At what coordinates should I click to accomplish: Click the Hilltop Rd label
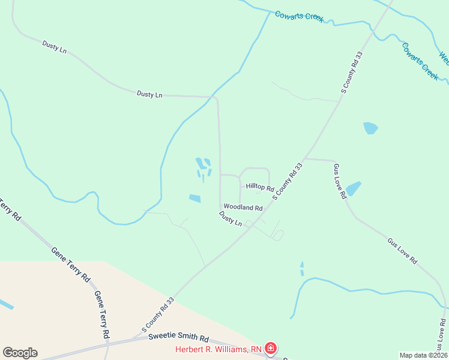point(260,187)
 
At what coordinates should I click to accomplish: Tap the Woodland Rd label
point(243,208)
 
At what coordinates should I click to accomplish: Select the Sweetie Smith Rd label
point(178,338)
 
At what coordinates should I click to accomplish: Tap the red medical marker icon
point(271,348)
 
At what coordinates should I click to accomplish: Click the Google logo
point(20,353)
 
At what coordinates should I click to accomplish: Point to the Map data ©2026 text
point(423,355)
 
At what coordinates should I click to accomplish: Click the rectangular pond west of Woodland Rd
point(195,199)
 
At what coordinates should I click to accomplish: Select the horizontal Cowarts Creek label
point(300,16)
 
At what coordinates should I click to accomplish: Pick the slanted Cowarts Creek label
point(420,61)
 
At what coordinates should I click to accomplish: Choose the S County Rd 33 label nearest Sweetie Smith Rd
point(158,314)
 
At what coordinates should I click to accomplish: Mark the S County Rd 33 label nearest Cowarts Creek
point(353,72)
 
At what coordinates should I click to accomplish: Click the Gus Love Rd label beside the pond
point(340,181)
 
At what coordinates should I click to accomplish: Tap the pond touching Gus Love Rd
point(353,188)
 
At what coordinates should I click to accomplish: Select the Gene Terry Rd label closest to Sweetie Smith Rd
point(101,314)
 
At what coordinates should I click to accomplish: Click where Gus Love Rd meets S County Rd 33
point(307,159)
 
